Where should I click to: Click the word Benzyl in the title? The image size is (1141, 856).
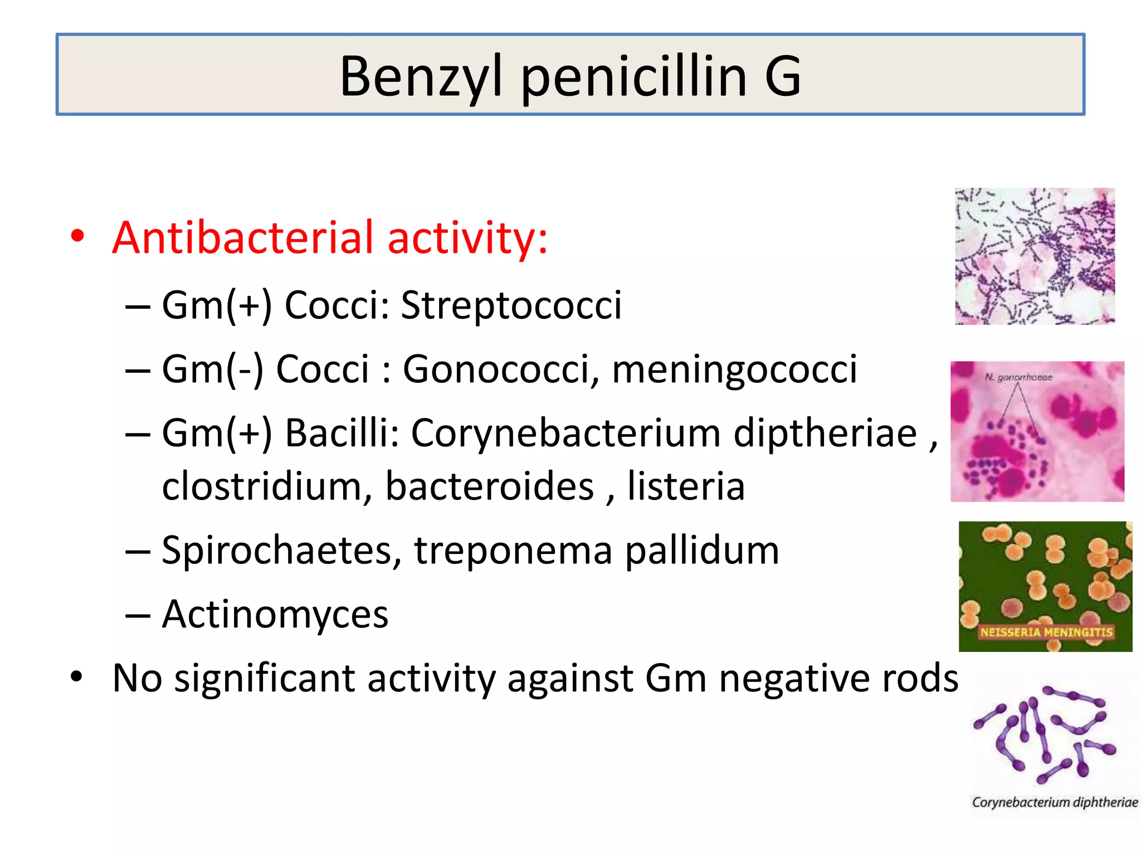pyautogui.click(x=421, y=77)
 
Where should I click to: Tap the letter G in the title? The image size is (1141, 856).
pyautogui.click(x=782, y=77)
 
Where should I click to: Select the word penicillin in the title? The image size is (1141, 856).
pyautogui.click(x=633, y=77)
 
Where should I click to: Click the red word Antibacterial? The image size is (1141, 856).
pyautogui.click(x=242, y=237)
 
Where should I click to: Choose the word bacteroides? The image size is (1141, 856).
pyautogui.click(x=490, y=486)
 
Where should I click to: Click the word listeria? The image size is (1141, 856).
pyautogui.click(x=686, y=486)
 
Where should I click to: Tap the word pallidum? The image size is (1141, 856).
pyautogui.click(x=701, y=551)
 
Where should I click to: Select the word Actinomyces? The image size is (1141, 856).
pyautogui.click(x=275, y=614)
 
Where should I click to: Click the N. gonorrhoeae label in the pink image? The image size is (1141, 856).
pyautogui.click(x=1018, y=377)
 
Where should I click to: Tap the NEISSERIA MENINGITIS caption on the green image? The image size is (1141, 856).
pyautogui.click(x=1046, y=632)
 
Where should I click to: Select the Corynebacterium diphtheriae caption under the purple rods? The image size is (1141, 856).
pyautogui.click(x=1055, y=802)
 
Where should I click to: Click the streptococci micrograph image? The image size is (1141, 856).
pyautogui.click(x=1035, y=256)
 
